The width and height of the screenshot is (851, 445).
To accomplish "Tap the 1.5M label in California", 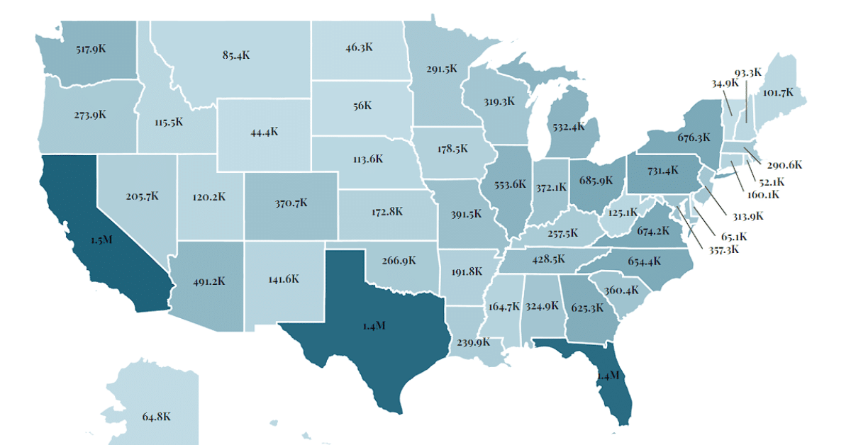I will (101, 240).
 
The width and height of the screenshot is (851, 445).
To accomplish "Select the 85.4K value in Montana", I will (236, 55).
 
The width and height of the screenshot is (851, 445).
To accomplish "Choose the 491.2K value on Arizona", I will (209, 281).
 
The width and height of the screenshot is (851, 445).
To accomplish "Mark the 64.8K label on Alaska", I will (156, 417).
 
